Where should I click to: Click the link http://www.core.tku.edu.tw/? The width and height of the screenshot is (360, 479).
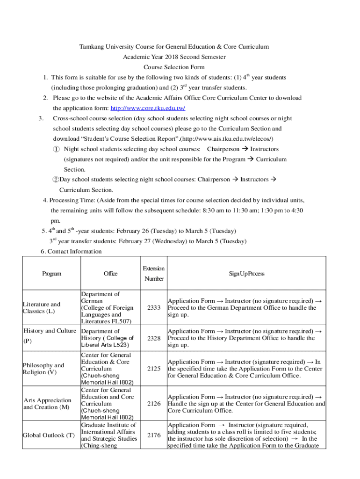[147, 108]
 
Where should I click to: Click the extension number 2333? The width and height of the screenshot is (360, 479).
[154, 308]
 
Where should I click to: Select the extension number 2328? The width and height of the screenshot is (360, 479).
[154, 338]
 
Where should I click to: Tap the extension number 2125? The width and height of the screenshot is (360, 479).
[154, 369]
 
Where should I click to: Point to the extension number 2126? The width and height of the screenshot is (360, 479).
[154, 404]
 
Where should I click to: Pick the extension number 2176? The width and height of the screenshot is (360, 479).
[154, 435]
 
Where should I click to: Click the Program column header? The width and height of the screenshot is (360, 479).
[51, 274]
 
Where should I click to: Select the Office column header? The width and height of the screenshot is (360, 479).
[110, 274]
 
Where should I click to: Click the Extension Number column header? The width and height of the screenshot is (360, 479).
[154, 274]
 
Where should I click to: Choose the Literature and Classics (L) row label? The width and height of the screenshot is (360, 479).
[42, 308]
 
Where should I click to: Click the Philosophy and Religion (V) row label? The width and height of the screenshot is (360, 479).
[43, 369]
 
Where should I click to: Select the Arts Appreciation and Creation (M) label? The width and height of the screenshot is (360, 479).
[47, 404]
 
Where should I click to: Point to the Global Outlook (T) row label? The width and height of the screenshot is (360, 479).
[49, 435]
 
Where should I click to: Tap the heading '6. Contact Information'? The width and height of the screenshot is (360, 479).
[71, 252]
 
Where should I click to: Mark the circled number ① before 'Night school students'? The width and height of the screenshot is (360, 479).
[56, 149]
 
